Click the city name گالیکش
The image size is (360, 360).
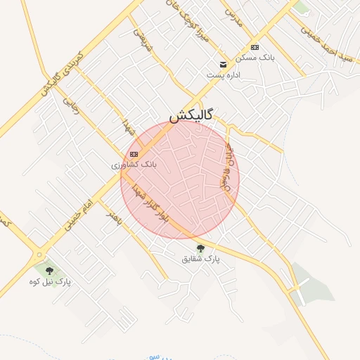click(191, 115)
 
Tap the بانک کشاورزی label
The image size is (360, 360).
click(134, 165)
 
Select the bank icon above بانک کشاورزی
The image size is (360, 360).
click(134, 154)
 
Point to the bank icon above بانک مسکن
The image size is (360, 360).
click(255, 47)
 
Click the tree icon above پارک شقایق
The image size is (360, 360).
click(200, 248)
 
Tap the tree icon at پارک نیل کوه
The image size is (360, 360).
click(49, 271)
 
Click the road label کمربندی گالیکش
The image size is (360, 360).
click(62, 74)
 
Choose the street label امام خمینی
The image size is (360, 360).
click(77, 210)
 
